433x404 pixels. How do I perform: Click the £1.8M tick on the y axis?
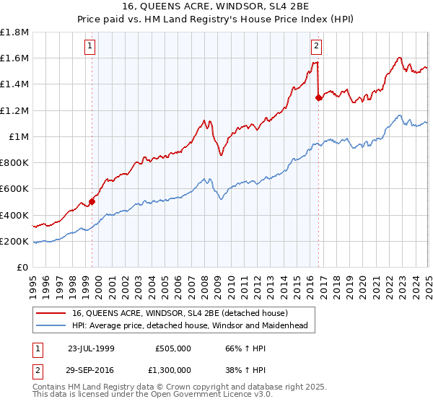click(x=15, y=32)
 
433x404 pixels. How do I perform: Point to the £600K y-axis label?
click(x=15, y=189)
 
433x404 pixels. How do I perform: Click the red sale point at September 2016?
click(x=319, y=97)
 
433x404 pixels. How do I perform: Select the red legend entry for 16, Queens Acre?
click(x=180, y=313)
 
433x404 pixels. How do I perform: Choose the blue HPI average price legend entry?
click(x=190, y=326)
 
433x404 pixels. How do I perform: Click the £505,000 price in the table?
click(x=173, y=348)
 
